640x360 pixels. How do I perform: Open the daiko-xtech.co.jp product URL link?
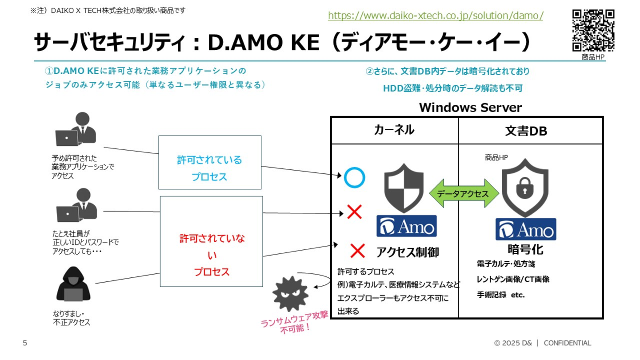436,16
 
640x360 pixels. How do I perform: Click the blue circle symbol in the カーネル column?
354,178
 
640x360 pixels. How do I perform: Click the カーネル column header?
394,130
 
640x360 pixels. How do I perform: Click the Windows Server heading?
470,108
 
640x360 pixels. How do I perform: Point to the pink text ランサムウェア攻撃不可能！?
294,324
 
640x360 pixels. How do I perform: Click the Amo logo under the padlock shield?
526,229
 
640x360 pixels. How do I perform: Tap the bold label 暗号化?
525,249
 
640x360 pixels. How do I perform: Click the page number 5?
25,343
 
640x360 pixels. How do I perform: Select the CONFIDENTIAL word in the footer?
567,343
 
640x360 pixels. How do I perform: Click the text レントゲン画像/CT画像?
513,280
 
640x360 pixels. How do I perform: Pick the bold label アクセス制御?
408,252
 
